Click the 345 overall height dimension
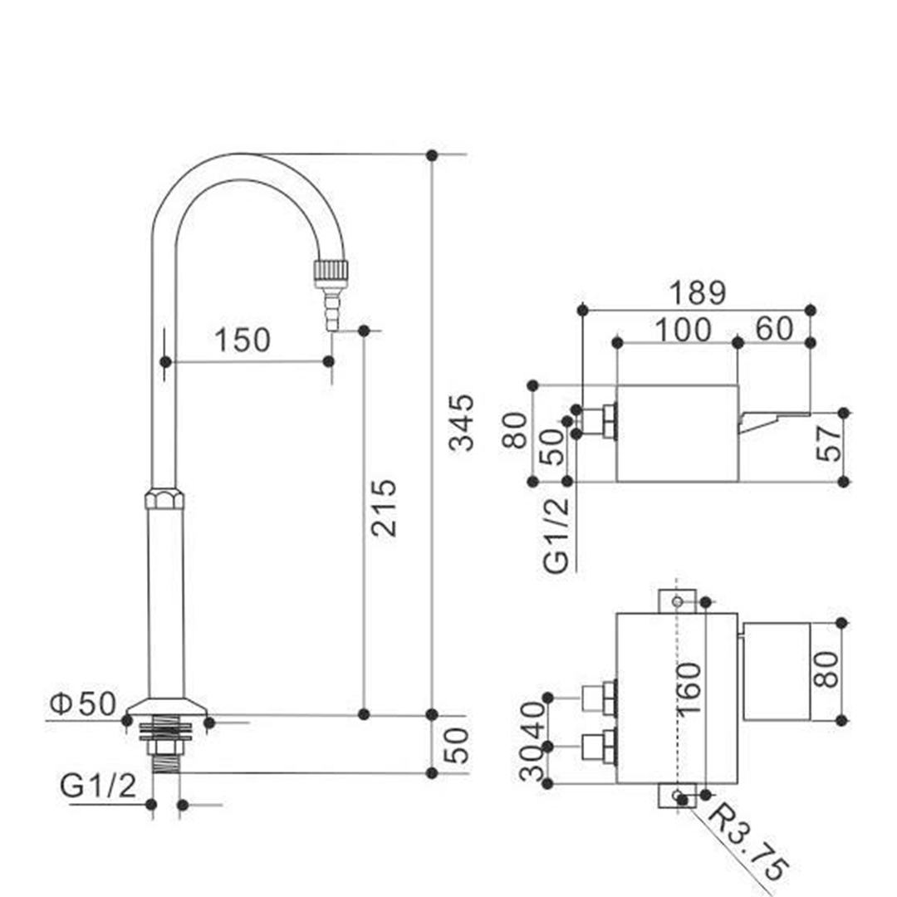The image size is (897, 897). [x=461, y=422]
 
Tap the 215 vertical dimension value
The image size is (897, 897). [x=383, y=507]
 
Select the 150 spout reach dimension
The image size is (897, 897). [x=242, y=340]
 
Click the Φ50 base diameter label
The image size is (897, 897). [x=83, y=703]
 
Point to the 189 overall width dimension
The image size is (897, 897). [x=698, y=292]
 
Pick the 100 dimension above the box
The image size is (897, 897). [x=683, y=330]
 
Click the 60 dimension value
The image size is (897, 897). [x=775, y=328]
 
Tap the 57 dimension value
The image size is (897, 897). [x=829, y=442]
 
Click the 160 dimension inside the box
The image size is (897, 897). [x=689, y=689]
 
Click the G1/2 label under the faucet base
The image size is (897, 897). [x=98, y=786]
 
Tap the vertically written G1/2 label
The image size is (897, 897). [x=556, y=534]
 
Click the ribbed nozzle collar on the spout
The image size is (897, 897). [x=331, y=274]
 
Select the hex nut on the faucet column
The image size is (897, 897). [x=164, y=499]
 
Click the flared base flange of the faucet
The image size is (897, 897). [x=166, y=707]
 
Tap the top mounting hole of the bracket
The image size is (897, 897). [x=678, y=601]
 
